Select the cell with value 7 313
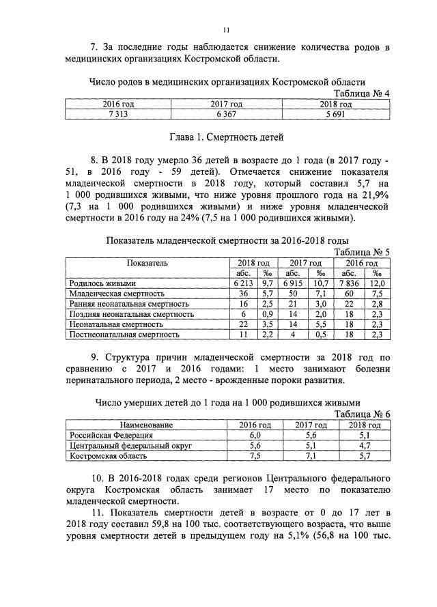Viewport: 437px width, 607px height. [x=115, y=114]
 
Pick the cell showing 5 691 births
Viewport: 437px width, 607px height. [x=335, y=114]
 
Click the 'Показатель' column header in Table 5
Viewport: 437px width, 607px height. [x=147, y=263]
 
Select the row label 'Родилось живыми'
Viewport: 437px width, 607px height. [x=103, y=283]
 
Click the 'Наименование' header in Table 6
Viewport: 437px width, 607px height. [x=147, y=425]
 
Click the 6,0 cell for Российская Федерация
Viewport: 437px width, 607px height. [x=255, y=435]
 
